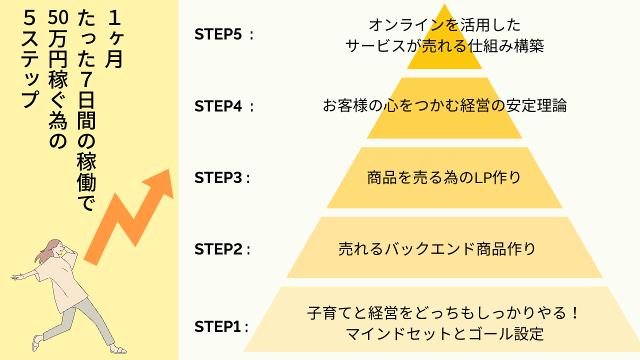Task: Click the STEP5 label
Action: coord(223,34)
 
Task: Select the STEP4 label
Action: coord(223,106)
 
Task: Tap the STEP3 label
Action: coord(222,177)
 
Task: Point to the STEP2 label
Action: coord(222,249)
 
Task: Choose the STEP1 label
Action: coord(221,326)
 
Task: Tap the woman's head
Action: coord(54,248)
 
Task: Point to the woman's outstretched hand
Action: coord(16,276)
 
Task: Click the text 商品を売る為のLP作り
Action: coord(444,177)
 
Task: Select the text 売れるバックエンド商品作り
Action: coord(437,249)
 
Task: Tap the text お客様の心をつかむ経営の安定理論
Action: coord(444,105)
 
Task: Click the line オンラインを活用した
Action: coord(444,25)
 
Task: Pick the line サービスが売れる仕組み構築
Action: coord(444,45)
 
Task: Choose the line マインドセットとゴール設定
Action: coord(444,333)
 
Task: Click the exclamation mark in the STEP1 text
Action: coord(575,312)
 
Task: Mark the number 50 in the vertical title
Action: coord(58,17)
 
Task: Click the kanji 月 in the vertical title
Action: coord(114,59)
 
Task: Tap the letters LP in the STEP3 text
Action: coord(481,177)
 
